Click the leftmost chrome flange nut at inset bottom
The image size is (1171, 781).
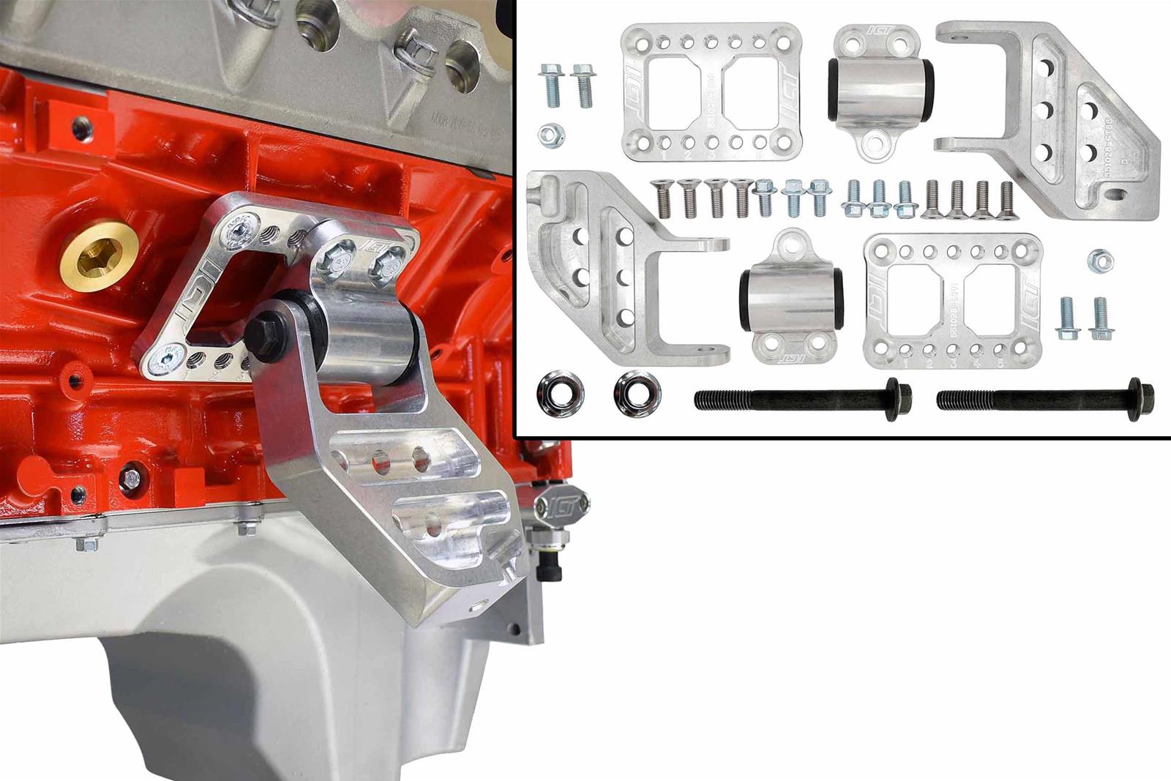click(556, 392)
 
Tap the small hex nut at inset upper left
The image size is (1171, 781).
click(548, 133)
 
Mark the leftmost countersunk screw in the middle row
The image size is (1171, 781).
click(664, 200)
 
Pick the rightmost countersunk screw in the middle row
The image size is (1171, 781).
click(1006, 200)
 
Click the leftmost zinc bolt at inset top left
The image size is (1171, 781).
click(550, 86)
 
